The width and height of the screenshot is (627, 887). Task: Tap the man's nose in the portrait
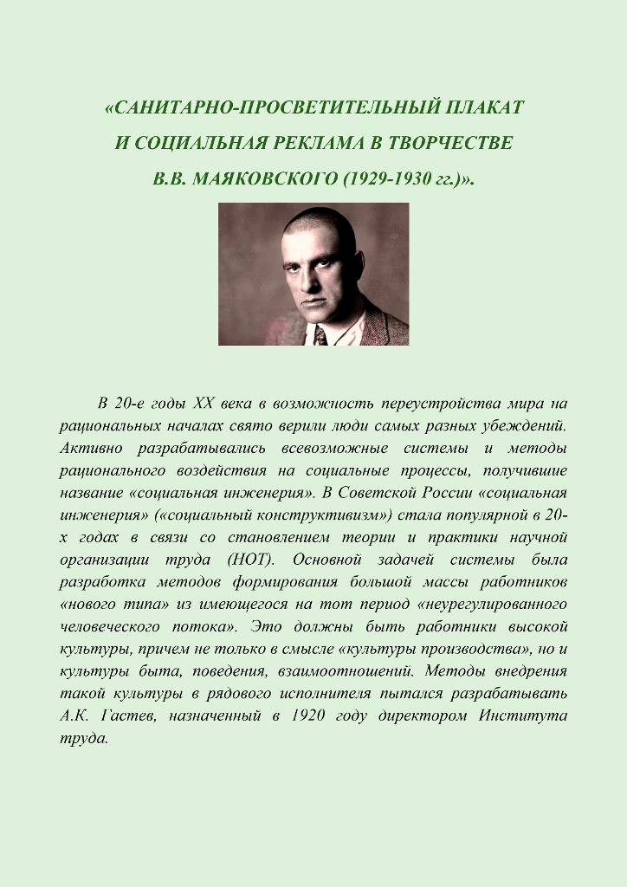(309, 279)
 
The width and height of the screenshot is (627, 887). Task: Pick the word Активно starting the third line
(90, 448)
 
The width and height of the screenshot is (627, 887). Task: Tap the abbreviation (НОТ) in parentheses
(249, 560)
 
